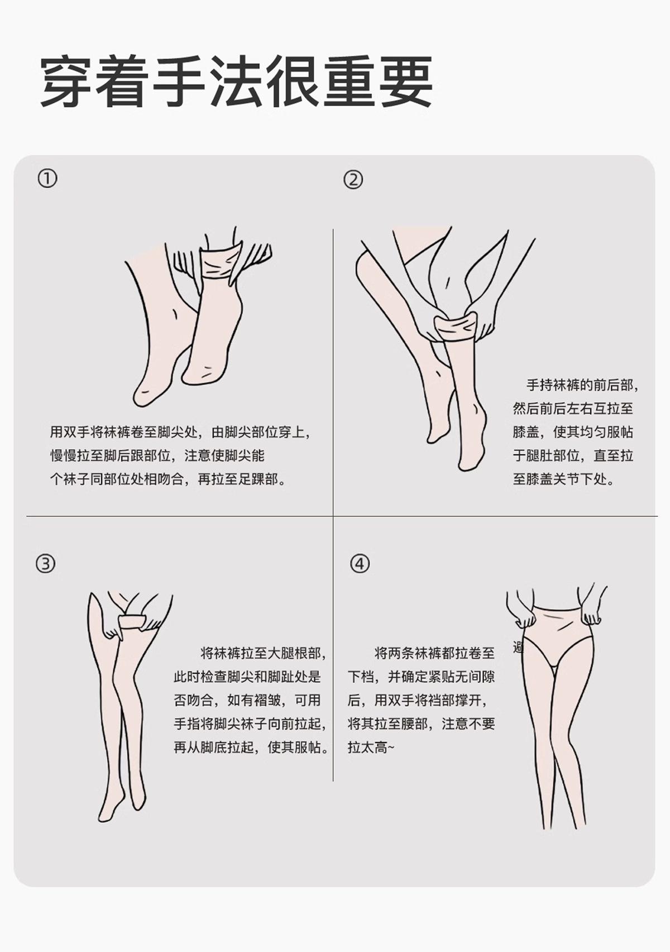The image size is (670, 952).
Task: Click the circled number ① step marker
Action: (47, 179)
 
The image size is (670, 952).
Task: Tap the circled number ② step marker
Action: (353, 180)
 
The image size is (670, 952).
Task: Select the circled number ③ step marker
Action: (45, 564)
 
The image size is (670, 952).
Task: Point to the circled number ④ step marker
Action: (360, 564)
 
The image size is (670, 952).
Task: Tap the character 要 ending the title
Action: (406, 81)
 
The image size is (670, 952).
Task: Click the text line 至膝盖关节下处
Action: (564, 479)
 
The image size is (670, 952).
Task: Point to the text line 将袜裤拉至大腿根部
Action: (264, 653)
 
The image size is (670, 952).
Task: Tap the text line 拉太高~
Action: (371, 747)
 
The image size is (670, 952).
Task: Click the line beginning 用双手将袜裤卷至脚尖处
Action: (180, 432)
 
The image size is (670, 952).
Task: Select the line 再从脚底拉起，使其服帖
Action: (251, 747)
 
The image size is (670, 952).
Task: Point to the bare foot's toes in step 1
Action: (142, 397)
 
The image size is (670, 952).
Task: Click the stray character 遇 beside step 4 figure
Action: (518, 648)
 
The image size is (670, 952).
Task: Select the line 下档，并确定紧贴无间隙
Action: (421, 677)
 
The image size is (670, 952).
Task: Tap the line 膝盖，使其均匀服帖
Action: (573, 432)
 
